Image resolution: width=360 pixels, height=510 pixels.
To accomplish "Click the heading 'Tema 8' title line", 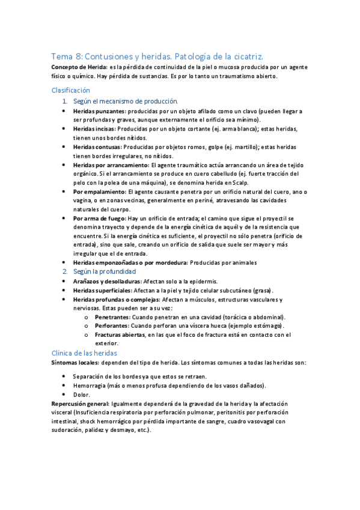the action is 162,55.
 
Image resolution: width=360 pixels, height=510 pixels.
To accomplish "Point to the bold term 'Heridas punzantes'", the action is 99,112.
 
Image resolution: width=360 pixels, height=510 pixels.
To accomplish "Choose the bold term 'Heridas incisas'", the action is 94,129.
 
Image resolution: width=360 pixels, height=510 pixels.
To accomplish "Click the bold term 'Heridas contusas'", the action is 97,146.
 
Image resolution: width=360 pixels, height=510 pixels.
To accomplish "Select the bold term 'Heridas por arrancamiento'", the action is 111,164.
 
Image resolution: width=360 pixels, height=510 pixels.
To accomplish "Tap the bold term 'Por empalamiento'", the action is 99,191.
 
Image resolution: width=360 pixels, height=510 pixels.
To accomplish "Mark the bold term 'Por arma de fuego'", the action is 99,218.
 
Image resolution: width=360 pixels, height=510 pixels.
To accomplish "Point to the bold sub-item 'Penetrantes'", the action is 112,317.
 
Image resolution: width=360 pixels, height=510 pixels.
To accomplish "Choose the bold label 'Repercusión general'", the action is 81,404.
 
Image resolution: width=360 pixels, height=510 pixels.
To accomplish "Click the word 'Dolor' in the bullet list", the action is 81,395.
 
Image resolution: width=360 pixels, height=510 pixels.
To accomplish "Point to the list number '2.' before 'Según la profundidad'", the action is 66,272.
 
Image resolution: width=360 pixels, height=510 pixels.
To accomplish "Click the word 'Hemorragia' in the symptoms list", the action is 88,386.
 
